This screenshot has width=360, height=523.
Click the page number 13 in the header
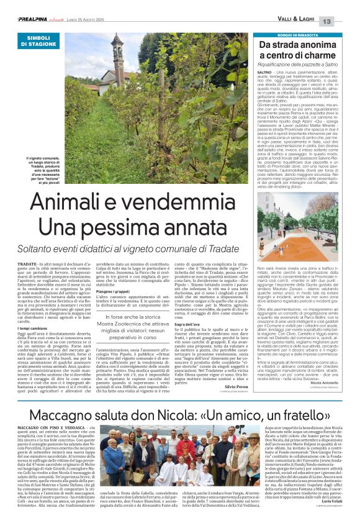345,22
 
